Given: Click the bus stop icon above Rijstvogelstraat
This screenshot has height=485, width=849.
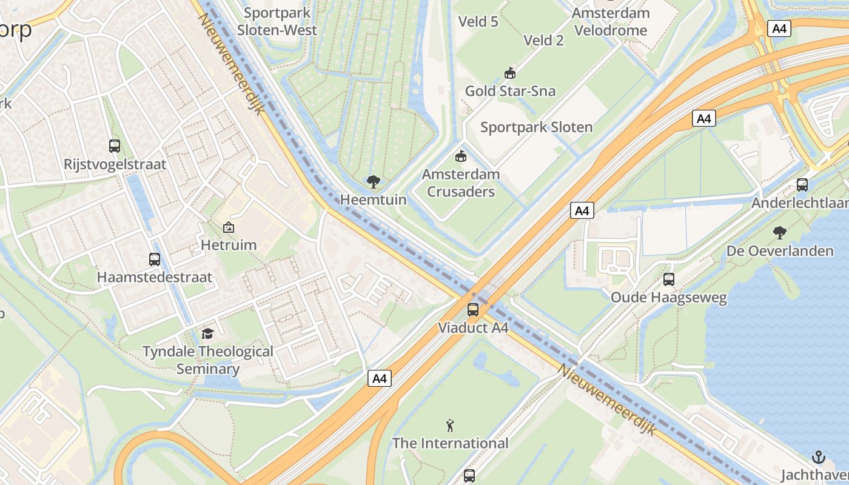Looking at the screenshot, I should point(115,145).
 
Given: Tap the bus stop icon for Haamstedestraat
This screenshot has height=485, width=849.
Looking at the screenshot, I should point(155,259).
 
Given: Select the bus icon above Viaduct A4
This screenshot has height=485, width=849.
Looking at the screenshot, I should point(473,310).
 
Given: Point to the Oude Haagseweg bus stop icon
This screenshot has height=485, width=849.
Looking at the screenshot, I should point(669,279).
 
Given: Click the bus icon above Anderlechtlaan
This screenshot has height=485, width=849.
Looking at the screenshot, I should point(802,184).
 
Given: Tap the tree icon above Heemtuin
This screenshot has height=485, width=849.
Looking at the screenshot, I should point(374,181).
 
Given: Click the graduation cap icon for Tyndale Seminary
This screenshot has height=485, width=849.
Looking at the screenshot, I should point(208,333).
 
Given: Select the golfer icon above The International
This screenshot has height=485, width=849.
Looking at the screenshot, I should point(450,424).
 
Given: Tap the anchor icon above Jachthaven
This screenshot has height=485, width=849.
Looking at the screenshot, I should point(819,457).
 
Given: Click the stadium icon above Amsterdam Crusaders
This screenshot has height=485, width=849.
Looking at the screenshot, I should point(461,156).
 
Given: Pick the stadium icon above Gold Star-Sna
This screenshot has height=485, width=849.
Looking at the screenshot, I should point(510,73).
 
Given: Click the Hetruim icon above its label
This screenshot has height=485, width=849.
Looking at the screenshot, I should point(229,227).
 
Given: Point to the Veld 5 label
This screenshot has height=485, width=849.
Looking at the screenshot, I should point(478,22).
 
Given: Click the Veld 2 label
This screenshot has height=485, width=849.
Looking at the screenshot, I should point(543,40).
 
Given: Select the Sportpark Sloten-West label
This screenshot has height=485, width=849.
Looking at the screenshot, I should point(277,21).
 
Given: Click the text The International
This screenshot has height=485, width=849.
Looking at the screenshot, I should point(450,443).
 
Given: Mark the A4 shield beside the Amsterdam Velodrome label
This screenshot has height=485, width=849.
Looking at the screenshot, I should point(779,28).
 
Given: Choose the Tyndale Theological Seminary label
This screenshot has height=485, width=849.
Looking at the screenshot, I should point(208,360).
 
